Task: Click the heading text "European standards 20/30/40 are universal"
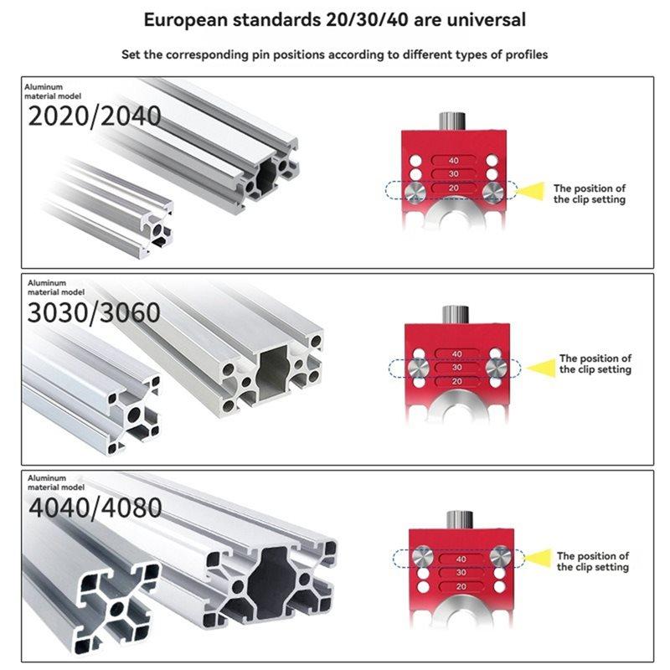pyautogui.click(x=335, y=18)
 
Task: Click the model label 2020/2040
pyautogui.click(x=94, y=116)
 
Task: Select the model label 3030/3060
pyautogui.click(x=94, y=312)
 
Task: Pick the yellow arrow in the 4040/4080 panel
pyautogui.click(x=543, y=556)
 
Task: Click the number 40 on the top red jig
pyautogui.click(x=454, y=160)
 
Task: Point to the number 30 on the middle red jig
pyautogui.click(x=456, y=368)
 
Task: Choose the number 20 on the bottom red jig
pyautogui.click(x=460, y=587)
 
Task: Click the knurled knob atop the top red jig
pyautogui.click(x=453, y=119)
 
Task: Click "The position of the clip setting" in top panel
pyautogui.click(x=589, y=194)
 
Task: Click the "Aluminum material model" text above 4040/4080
pyautogui.click(x=57, y=482)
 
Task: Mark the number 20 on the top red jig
pyautogui.click(x=454, y=189)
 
